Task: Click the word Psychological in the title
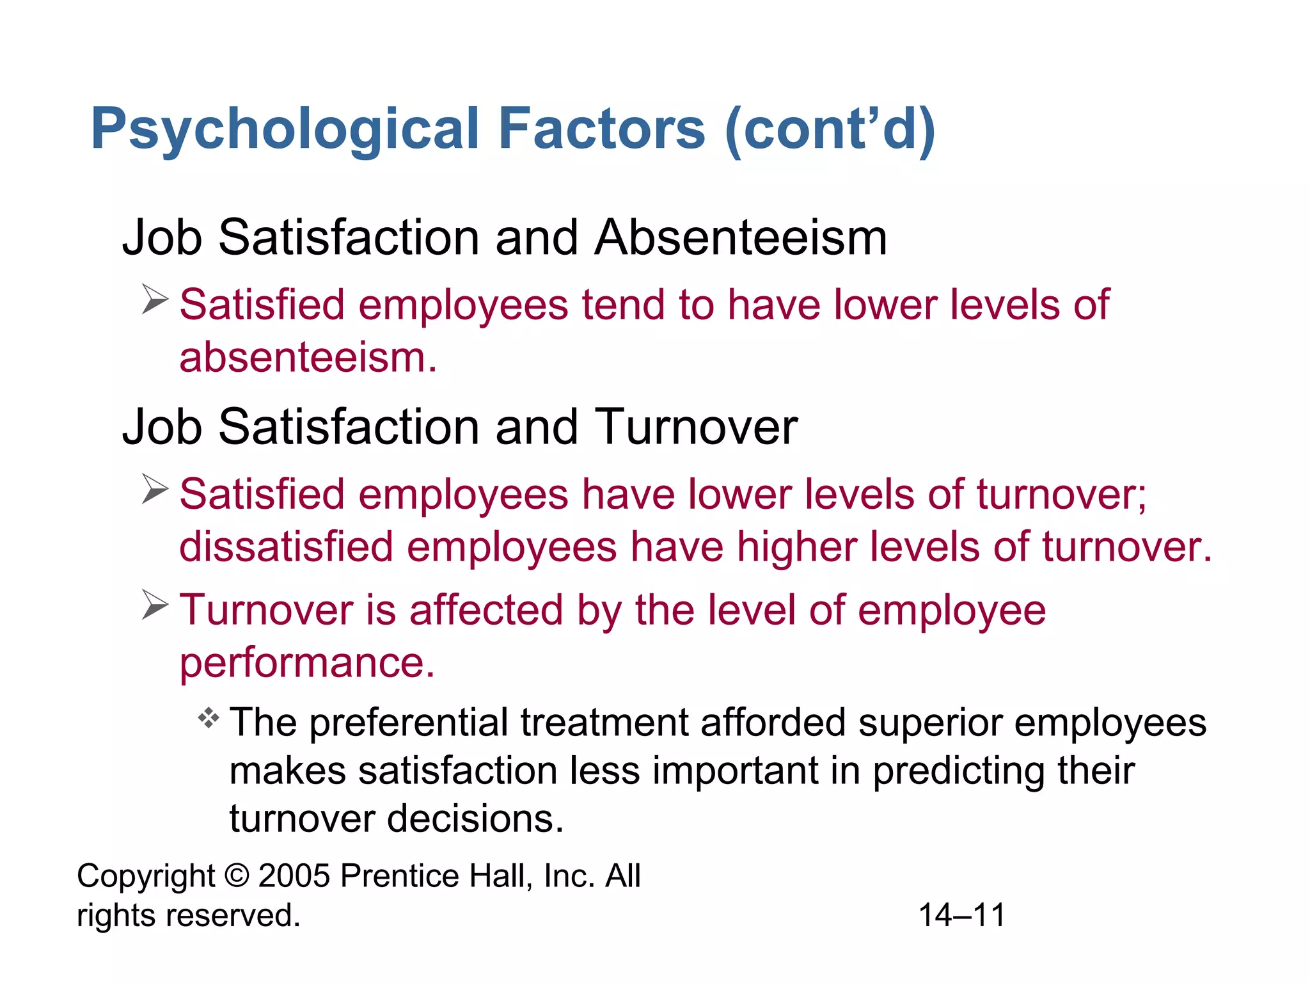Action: [285, 130]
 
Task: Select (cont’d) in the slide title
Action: [830, 130]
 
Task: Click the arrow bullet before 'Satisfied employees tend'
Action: [155, 300]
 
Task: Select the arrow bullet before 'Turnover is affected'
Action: [155, 605]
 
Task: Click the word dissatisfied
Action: [286, 547]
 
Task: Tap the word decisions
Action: [475, 819]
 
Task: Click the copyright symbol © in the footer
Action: [237, 875]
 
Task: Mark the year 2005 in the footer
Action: [294, 875]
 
